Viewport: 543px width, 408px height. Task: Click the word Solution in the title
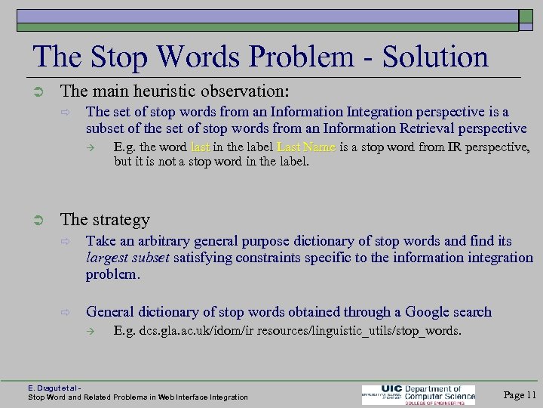[x=435, y=57]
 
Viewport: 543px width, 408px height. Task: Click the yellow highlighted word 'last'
[x=201, y=147]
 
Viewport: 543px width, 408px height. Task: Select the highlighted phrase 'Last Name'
[x=306, y=147]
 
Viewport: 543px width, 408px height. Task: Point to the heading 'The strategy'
[x=105, y=219]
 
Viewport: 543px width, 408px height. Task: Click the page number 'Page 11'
[x=520, y=394]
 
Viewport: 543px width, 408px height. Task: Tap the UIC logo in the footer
[x=419, y=394]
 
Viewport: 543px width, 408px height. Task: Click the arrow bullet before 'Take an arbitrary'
[x=66, y=242]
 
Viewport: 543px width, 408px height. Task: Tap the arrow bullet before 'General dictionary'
[x=66, y=312]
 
